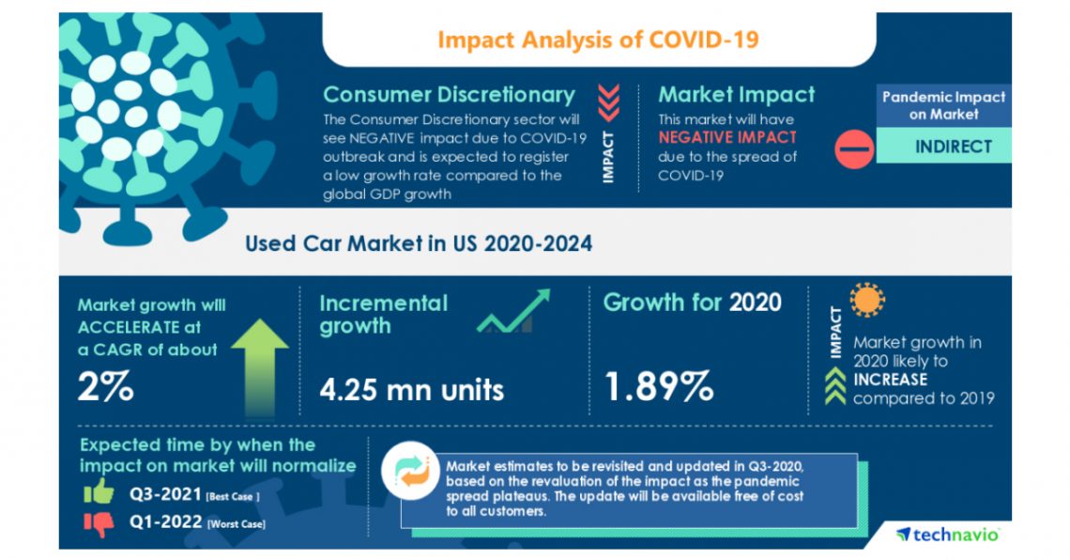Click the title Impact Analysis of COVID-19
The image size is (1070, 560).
tap(598, 39)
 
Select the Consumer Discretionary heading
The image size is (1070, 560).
tap(449, 95)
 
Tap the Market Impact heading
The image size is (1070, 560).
tap(736, 95)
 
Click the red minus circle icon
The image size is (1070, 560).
tap(853, 148)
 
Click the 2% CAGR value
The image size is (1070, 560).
tap(106, 386)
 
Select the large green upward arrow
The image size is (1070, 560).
tap(258, 366)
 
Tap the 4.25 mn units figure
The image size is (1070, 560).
tap(411, 388)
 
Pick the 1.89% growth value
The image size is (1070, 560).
tap(658, 386)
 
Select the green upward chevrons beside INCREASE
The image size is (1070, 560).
tap(833, 387)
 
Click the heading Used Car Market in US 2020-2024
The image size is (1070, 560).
tap(419, 243)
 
